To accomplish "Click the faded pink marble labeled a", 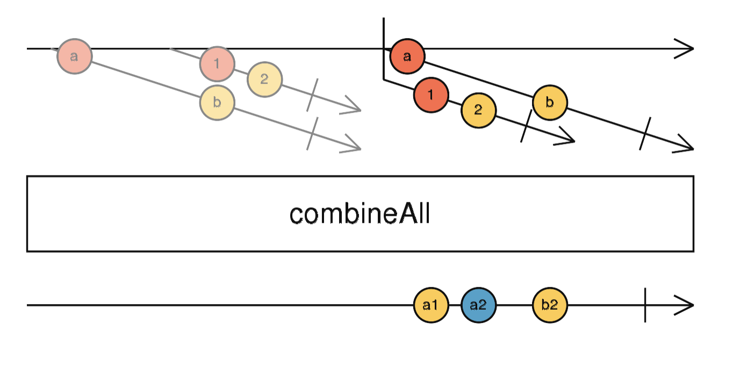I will click(75, 56).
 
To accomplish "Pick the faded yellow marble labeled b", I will click(217, 102).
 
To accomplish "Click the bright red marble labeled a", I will click(407, 56).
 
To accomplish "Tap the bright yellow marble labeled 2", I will click(478, 111).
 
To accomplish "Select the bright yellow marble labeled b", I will click(550, 102).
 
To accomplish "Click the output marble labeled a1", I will click(431, 305).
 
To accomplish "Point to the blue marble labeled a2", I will click(478, 305).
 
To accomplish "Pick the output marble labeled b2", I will click(550, 305).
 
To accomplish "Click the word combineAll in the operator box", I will click(360, 215).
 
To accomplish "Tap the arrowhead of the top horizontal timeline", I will click(685, 49).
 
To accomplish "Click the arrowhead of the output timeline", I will click(685, 305).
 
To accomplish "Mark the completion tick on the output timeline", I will click(645, 305).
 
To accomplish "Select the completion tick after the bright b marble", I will click(645, 133).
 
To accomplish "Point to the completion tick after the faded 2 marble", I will click(312, 95).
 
